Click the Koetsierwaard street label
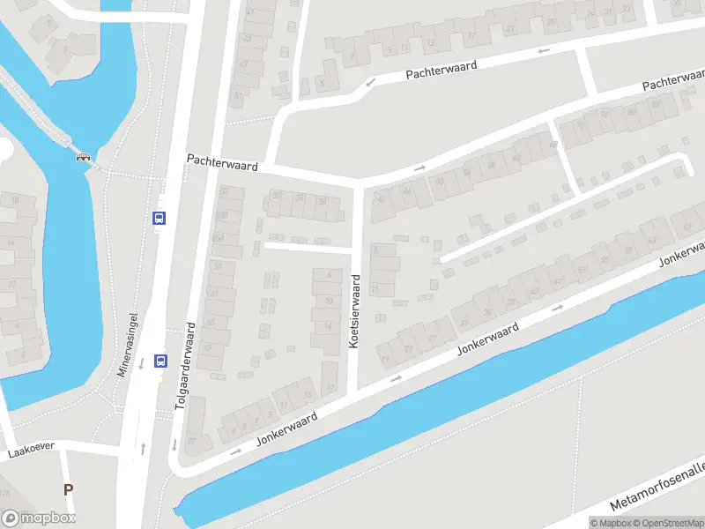tap(354, 310)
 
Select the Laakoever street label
tap(31, 451)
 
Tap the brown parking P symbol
tap(68, 489)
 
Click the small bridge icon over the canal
tap(85, 158)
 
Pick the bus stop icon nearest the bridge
tap(160, 218)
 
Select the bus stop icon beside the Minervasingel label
tap(160, 360)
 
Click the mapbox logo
tap(39, 518)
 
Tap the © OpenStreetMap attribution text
tap(666, 523)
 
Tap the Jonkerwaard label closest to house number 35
tap(487, 339)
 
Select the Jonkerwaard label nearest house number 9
tap(286, 428)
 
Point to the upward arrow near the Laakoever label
tap(143, 448)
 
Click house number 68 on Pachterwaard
tap(553, 145)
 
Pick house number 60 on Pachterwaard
tap(440, 182)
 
